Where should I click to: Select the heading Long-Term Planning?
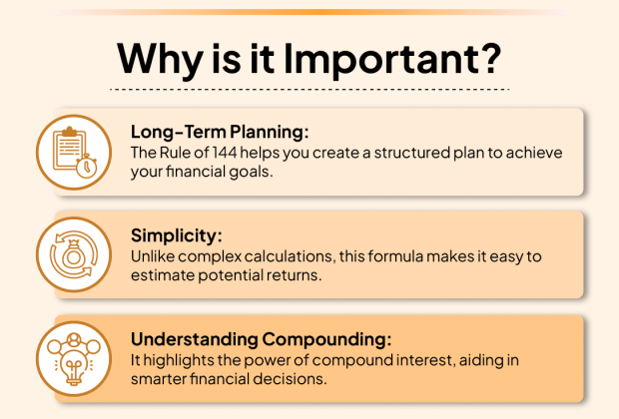(x=220, y=132)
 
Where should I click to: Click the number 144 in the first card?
(x=225, y=153)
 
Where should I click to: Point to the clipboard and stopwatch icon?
(x=74, y=153)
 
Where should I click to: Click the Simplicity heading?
(x=177, y=235)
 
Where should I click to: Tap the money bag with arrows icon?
(x=74, y=254)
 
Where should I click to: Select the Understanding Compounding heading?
(x=261, y=339)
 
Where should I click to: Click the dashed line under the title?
(x=309, y=90)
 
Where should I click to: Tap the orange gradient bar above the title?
(x=309, y=12)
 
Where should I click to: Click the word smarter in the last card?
(x=158, y=379)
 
